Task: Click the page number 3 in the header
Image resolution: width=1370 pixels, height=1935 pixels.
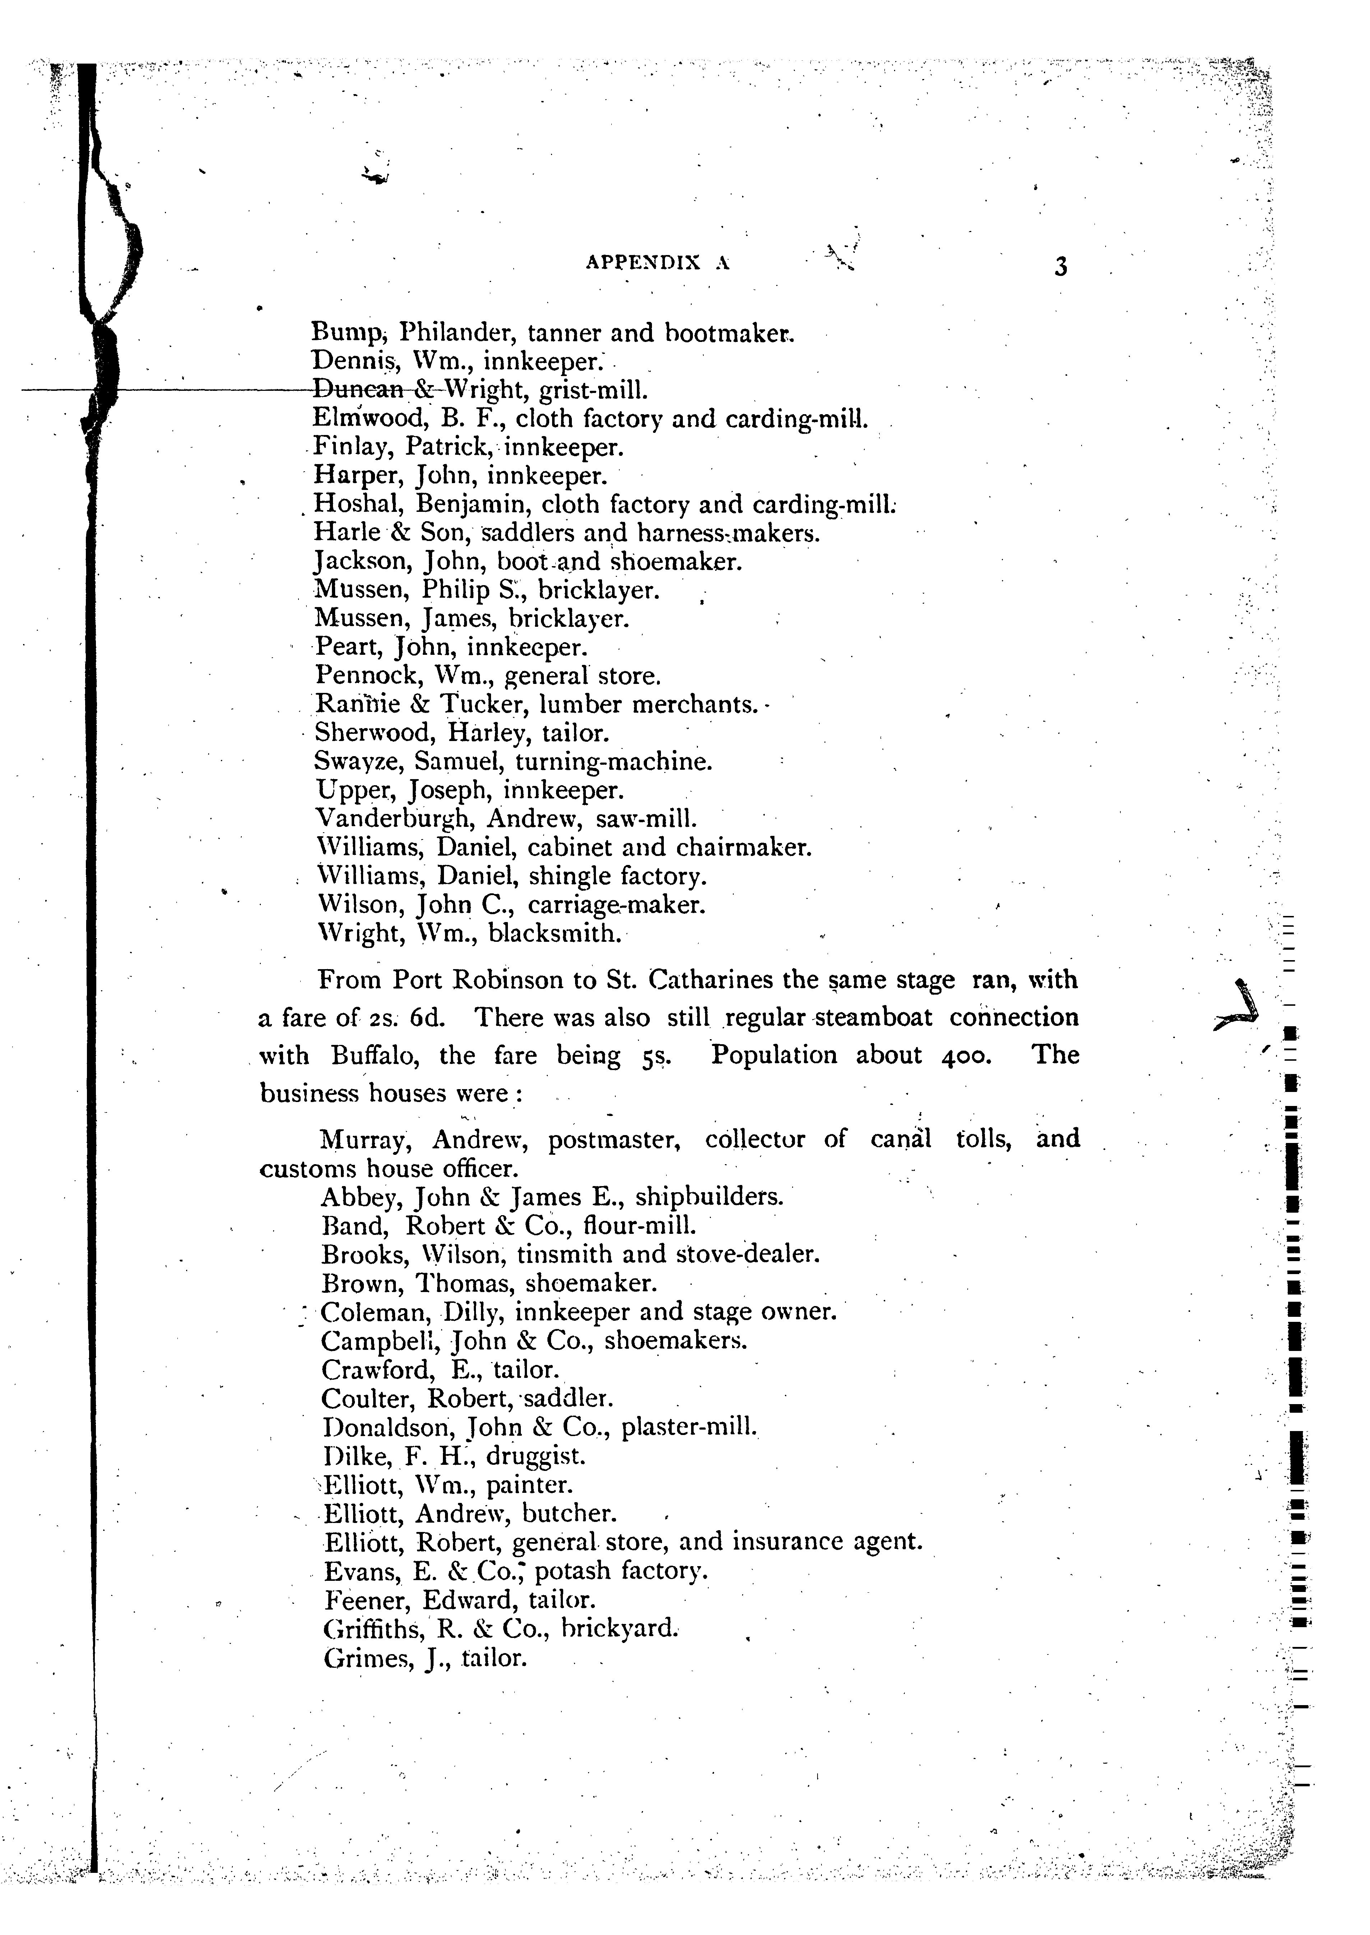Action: pyautogui.click(x=1060, y=267)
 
